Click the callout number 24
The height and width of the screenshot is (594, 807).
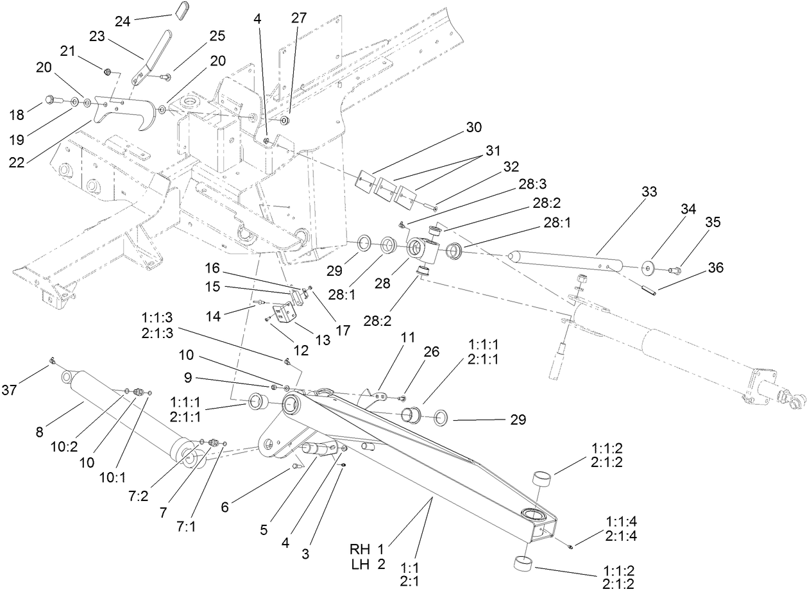coord(123,21)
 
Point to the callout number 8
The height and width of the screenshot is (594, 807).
coord(40,432)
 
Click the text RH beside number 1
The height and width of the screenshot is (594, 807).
coord(359,548)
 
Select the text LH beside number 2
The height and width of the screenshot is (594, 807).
coord(359,564)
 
